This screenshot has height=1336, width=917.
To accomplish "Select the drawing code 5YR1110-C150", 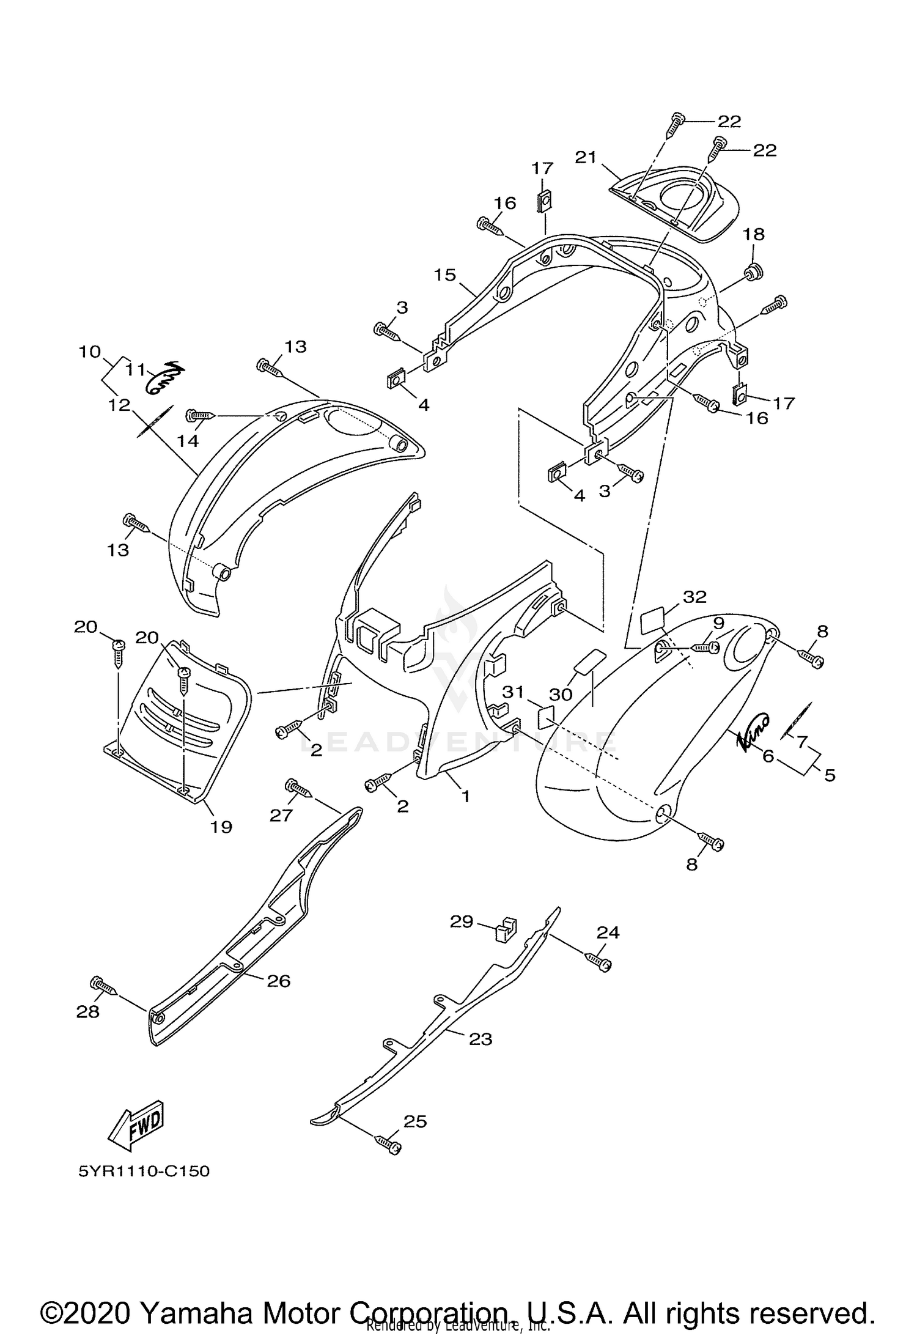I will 144,1172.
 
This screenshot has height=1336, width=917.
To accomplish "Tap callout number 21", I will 585,157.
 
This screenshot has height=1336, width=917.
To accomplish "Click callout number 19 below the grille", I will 221,827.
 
